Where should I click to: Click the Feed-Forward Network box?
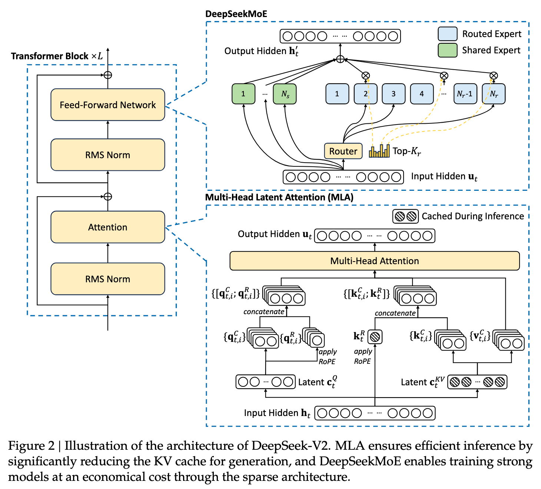pos(107,104)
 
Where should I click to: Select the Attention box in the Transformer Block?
pos(107,227)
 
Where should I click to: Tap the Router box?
pos(343,151)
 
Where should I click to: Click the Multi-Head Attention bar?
pos(374,261)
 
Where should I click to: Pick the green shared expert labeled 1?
pos(243,94)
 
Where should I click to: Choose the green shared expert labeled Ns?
pos(285,94)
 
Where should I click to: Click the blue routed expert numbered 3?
pos(394,94)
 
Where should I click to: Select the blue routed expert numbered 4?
pos(422,94)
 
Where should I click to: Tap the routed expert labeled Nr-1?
pos(465,94)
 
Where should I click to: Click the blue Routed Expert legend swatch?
pos(447,34)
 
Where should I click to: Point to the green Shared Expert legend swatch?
pos(447,50)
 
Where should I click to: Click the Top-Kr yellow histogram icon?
pos(379,151)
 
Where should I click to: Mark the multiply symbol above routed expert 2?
pos(366,76)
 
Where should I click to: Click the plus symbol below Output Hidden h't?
pos(341,59)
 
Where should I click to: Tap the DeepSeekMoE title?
pos(236,14)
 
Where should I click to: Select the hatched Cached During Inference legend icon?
pos(405,216)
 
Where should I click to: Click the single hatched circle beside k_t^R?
pos(375,337)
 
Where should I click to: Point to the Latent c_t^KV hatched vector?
pos(477,382)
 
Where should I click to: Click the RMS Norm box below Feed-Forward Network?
pos(107,155)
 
